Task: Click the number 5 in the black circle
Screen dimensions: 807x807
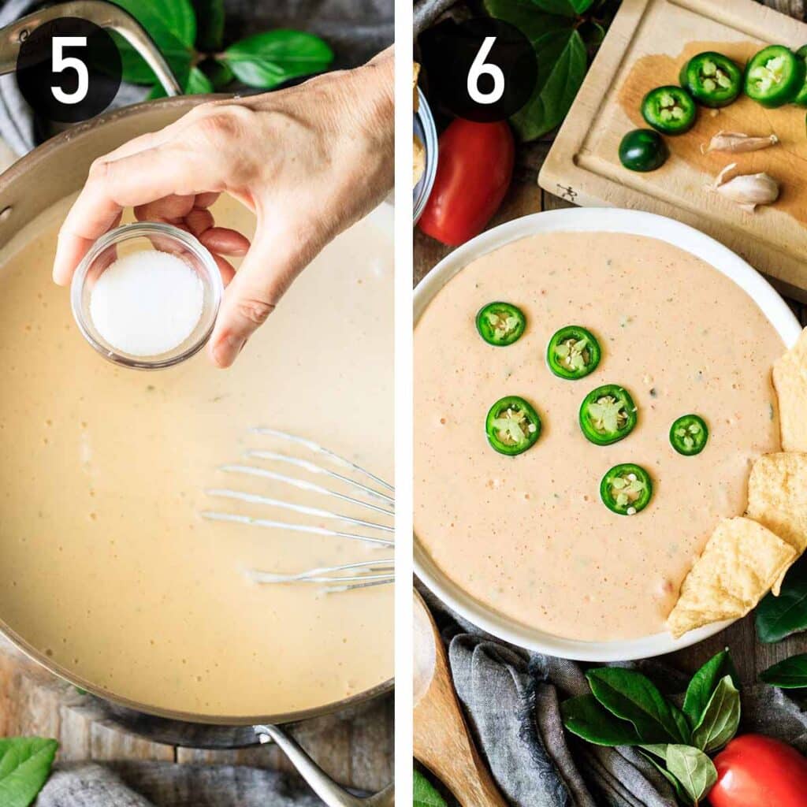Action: pos(69,69)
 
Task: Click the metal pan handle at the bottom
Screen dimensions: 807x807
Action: pos(315,768)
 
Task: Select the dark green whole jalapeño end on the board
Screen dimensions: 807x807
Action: pos(642,150)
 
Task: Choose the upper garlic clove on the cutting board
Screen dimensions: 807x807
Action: pos(739,142)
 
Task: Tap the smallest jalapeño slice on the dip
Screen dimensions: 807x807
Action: pos(689,435)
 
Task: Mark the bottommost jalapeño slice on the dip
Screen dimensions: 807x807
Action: pos(626,489)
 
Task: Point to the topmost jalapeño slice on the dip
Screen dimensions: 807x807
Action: pos(500,324)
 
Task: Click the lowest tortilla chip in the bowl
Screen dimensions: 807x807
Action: pos(729,575)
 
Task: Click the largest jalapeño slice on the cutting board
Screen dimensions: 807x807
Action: pos(774,76)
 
